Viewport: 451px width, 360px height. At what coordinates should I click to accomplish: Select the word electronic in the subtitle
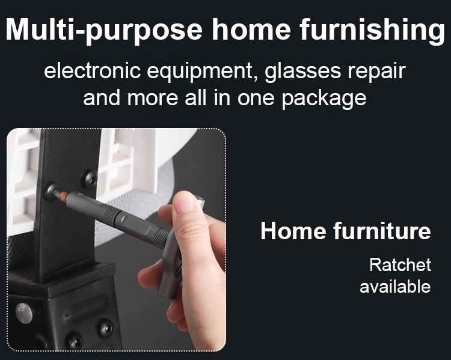click(x=93, y=71)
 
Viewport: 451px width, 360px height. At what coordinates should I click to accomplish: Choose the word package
click(x=324, y=99)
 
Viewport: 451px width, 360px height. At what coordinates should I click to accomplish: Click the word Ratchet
click(x=400, y=265)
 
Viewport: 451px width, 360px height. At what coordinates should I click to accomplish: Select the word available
click(x=395, y=287)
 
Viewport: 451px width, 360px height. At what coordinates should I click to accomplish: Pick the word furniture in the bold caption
click(x=382, y=231)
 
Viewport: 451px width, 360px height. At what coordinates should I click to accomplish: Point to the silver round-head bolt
click(x=24, y=313)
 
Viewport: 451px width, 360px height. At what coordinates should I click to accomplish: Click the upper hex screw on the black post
click(x=90, y=179)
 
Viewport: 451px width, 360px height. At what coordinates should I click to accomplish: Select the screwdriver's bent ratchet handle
click(x=170, y=267)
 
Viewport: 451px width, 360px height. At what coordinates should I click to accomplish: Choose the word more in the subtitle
click(x=153, y=98)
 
